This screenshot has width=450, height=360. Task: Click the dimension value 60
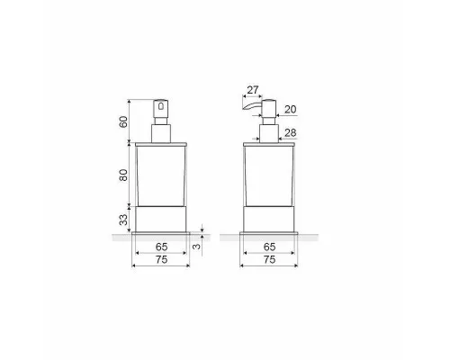(x=123, y=121)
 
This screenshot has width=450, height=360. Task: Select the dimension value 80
(x=123, y=175)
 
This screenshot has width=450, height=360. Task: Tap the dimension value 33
(x=123, y=220)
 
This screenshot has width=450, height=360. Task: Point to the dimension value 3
(x=196, y=247)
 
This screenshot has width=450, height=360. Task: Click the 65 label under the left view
(x=161, y=247)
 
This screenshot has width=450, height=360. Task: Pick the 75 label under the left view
(x=161, y=259)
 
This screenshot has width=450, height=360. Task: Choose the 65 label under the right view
(x=269, y=247)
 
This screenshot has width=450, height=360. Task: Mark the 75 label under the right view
(x=269, y=259)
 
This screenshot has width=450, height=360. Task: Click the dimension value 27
(x=253, y=90)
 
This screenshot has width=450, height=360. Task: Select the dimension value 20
(x=290, y=110)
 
